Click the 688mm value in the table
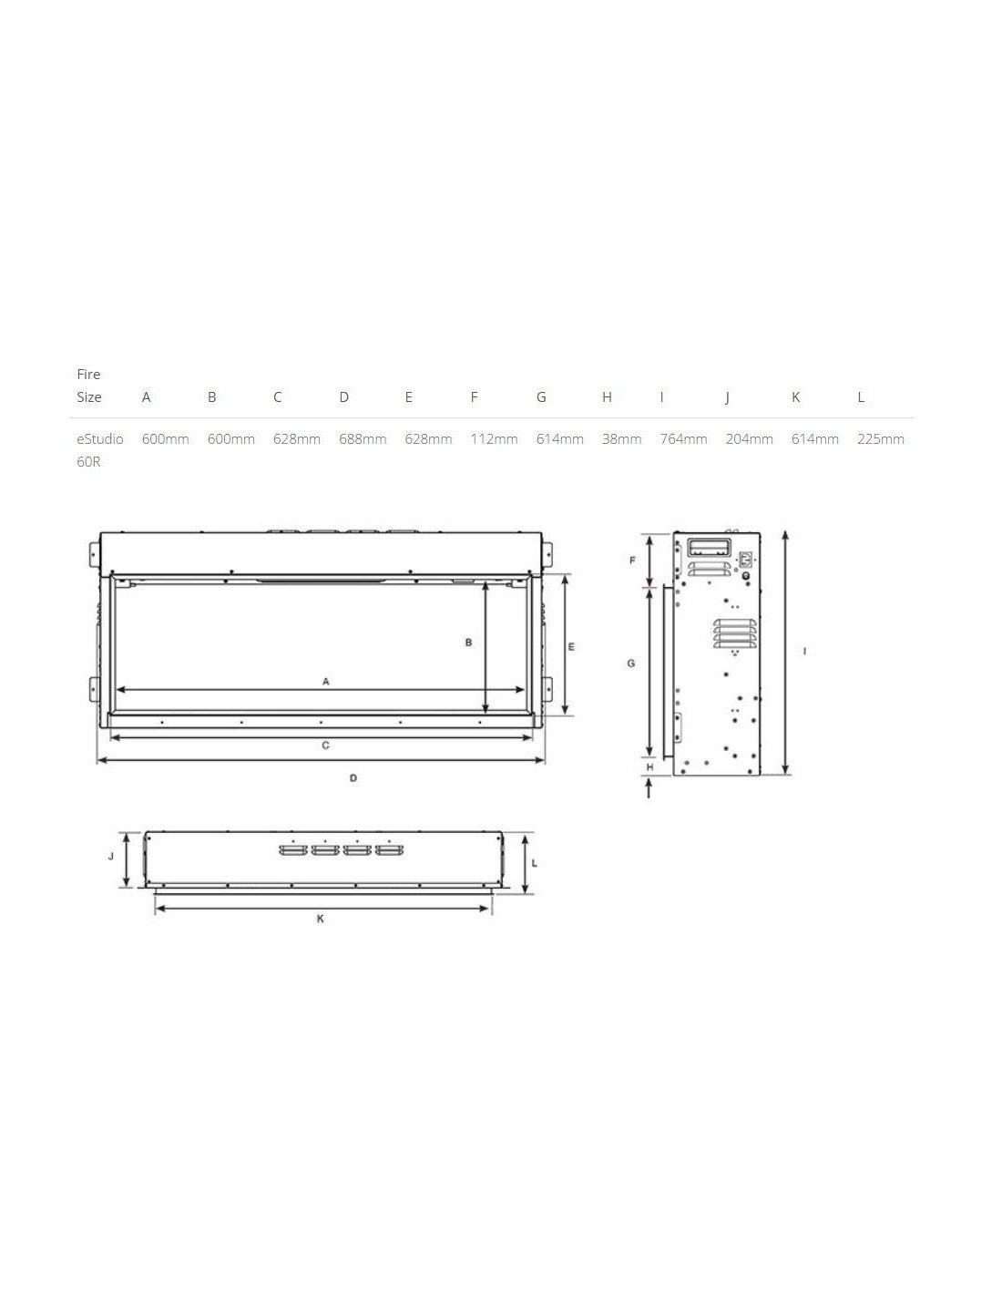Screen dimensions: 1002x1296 point(363,439)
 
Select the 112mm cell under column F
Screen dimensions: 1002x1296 point(494,439)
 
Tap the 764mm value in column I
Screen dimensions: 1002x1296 point(683,439)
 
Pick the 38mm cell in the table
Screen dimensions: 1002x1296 point(621,439)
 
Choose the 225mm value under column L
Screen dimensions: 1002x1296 point(881,439)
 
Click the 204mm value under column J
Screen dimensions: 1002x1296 point(750,439)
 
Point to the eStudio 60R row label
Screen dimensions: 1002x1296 point(99,450)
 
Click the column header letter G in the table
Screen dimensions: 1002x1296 point(541,397)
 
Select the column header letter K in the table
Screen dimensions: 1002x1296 point(795,397)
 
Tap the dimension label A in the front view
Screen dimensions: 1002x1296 point(325,681)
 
